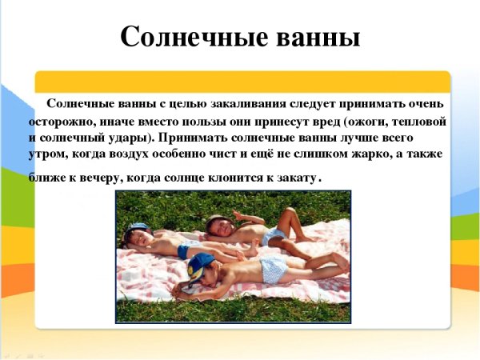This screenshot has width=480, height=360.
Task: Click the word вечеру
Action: coord(90,177)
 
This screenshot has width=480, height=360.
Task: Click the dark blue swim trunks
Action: coord(185,251)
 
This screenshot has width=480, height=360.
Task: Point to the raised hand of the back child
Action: coord(237,214)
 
